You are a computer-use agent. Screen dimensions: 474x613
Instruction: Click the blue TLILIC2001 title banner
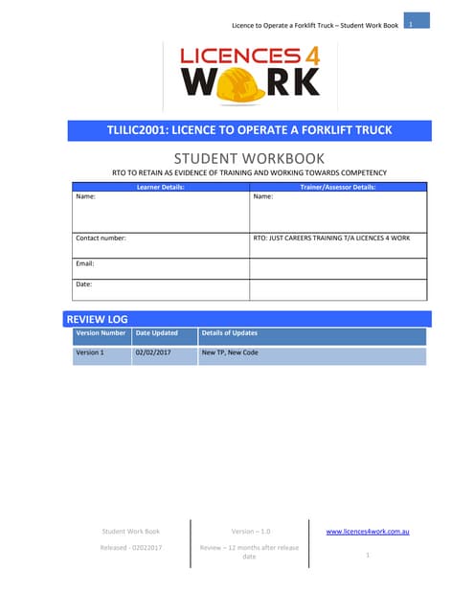(249, 129)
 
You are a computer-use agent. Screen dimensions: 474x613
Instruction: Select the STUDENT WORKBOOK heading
(249, 157)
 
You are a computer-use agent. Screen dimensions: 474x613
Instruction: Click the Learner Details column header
(160, 187)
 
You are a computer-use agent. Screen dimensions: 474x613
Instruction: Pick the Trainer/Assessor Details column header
(338, 187)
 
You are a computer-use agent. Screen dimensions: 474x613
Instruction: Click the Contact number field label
(101, 238)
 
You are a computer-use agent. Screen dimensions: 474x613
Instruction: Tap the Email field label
(85, 262)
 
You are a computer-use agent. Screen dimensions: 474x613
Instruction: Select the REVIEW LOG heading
(97, 319)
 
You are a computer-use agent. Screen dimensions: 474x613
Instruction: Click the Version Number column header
(101, 333)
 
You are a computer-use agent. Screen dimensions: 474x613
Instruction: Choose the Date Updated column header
(157, 333)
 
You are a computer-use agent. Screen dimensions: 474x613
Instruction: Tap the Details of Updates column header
(230, 333)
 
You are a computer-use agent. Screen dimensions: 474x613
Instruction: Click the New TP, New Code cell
(230, 353)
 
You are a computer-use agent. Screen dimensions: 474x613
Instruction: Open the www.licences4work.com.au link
(368, 531)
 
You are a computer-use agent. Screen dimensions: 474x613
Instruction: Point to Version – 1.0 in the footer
(251, 531)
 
